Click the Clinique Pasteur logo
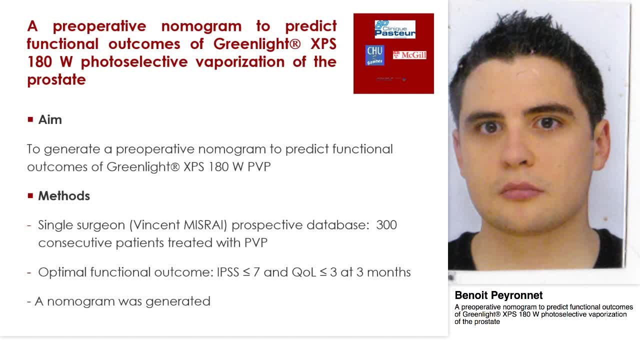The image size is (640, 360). click(395, 29)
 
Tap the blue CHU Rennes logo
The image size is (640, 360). click(374, 55)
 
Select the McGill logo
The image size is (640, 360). click(409, 54)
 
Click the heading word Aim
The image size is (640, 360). click(50, 120)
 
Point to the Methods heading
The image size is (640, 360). click(64, 196)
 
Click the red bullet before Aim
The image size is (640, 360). click(30, 119)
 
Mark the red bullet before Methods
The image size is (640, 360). click(30, 195)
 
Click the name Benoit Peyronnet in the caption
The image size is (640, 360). click(498, 295)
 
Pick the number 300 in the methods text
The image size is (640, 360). click(386, 225)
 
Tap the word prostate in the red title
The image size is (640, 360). click(56, 80)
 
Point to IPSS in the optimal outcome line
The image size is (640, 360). click(228, 272)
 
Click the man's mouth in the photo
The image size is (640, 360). click(521, 191)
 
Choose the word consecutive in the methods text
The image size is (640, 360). click(75, 243)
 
